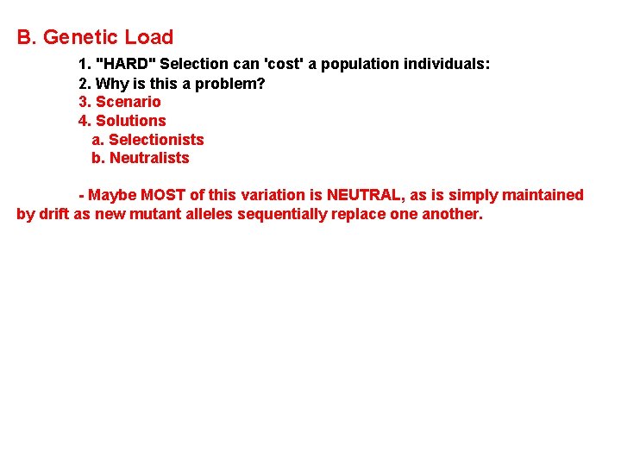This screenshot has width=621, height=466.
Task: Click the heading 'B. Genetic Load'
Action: pos(95,37)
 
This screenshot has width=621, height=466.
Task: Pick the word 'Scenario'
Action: pos(128,102)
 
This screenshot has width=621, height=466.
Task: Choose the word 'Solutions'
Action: pos(130,121)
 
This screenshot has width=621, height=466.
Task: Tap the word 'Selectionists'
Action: pos(156,140)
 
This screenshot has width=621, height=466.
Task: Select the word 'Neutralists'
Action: pos(149,158)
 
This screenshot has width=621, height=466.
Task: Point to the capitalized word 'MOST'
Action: pos(163,195)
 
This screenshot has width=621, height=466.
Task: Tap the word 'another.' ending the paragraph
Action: pos(453,214)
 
